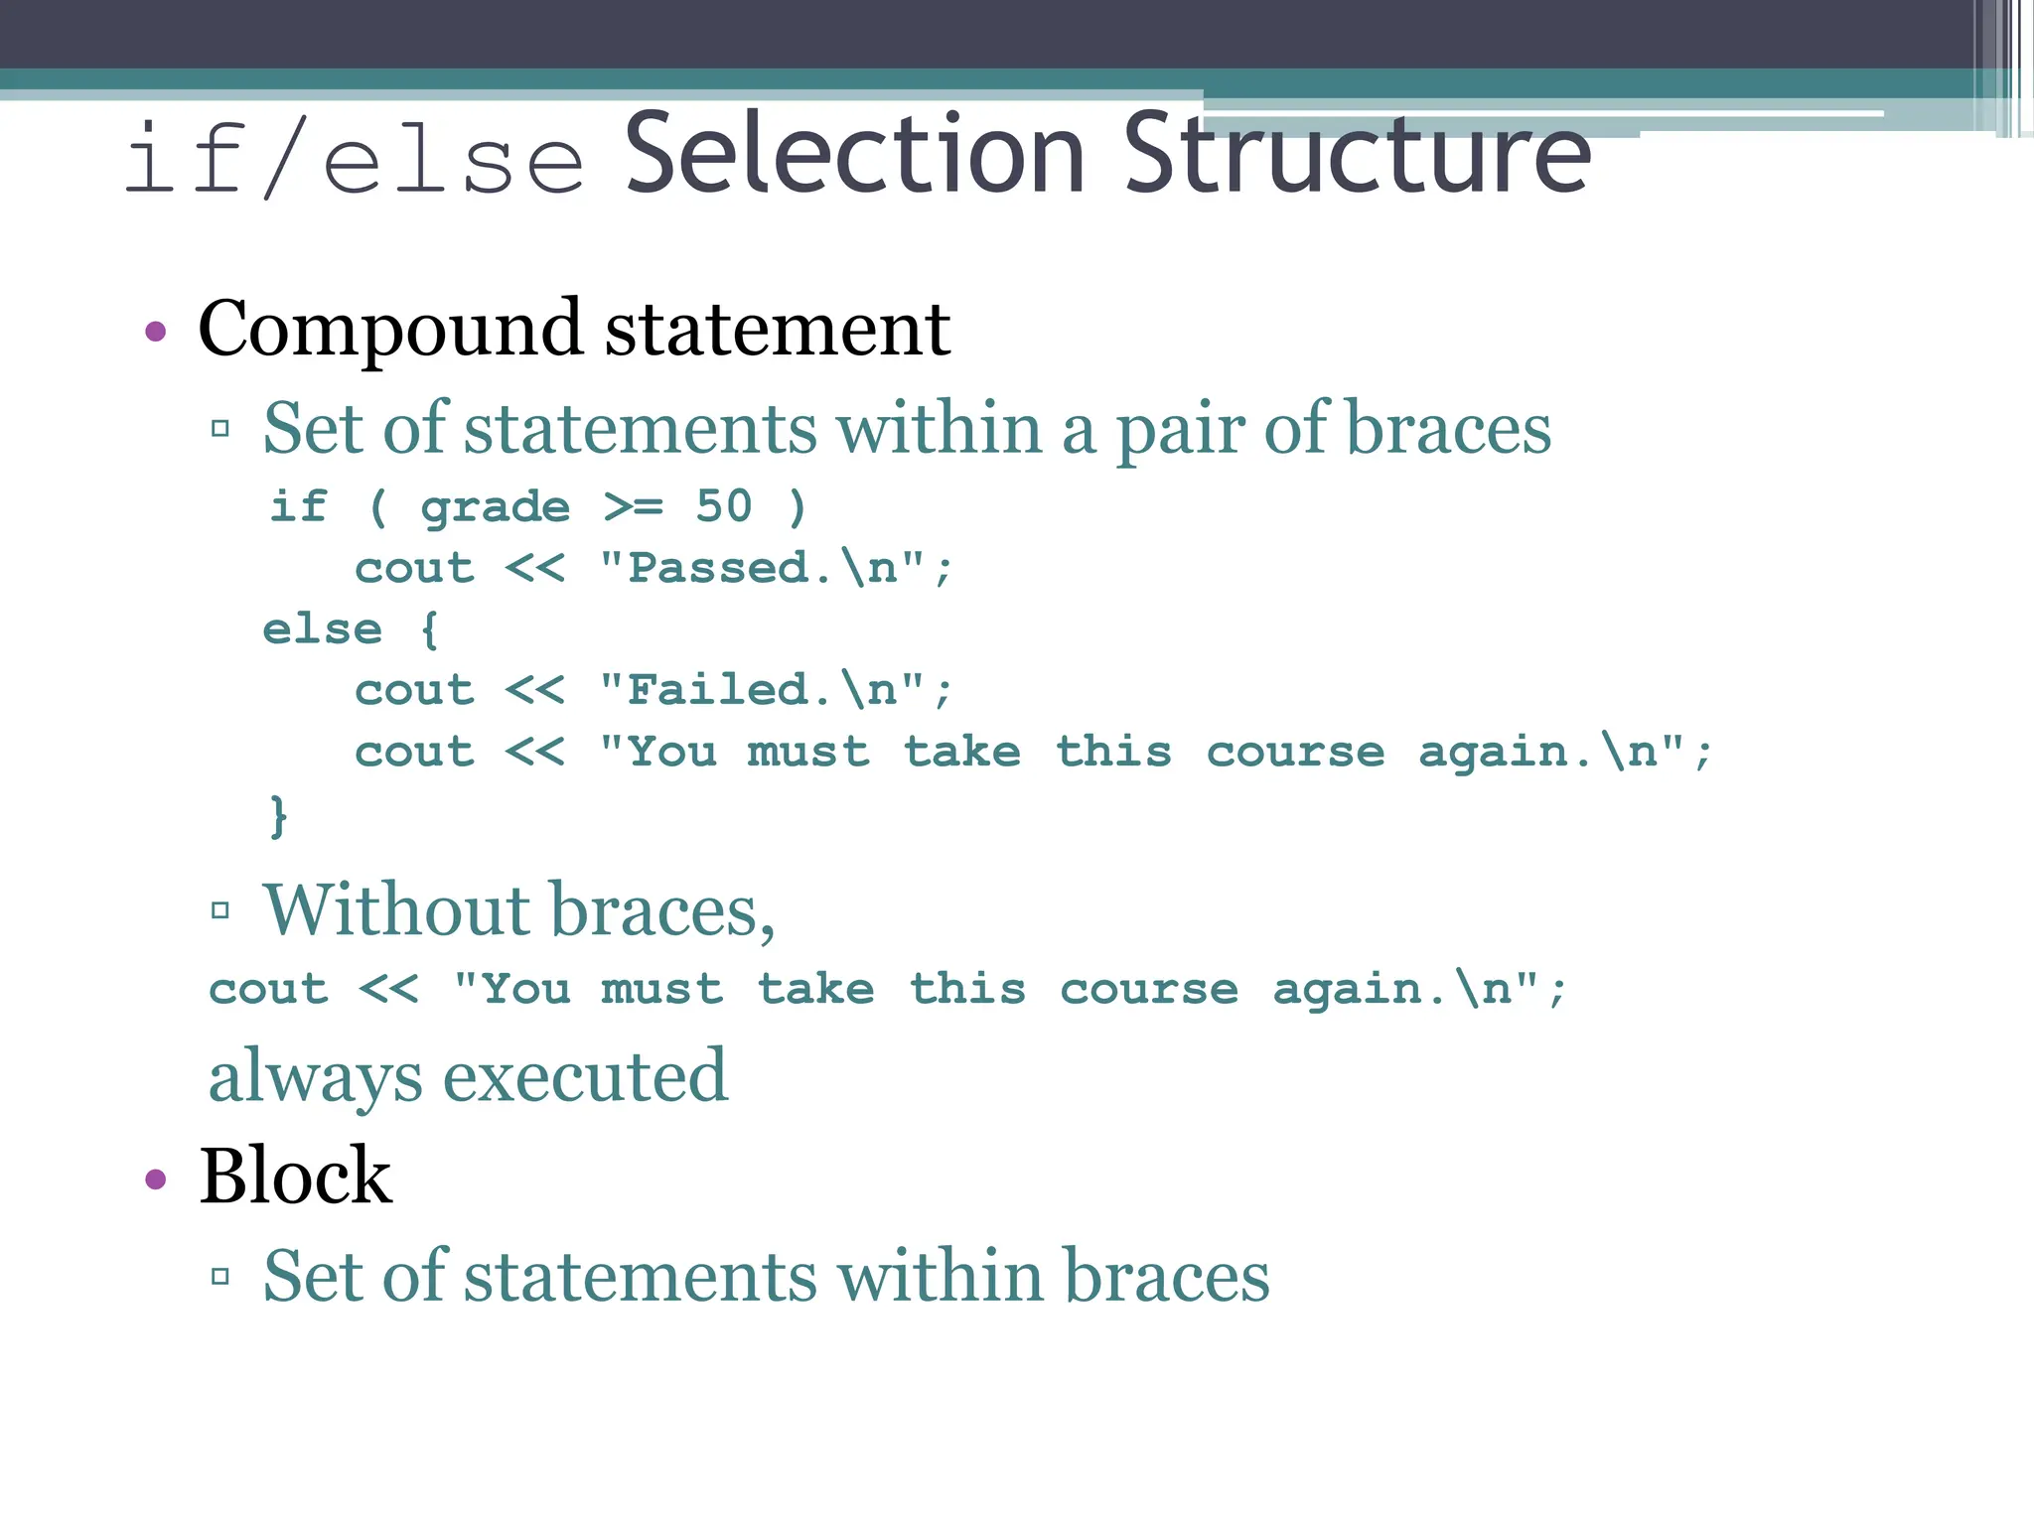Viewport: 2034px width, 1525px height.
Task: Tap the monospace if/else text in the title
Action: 355,159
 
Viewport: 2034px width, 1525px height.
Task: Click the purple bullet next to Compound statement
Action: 155,331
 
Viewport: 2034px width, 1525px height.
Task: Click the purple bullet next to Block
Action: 155,1179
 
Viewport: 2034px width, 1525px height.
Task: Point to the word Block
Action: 295,1177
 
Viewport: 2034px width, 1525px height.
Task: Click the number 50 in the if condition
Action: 724,506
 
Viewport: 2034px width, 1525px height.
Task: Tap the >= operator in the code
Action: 634,506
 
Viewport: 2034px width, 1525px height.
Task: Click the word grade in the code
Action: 495,508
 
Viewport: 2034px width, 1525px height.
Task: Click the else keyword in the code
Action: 323,629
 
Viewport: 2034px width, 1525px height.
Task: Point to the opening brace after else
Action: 429,629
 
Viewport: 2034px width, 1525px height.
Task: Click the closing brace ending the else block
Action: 279,815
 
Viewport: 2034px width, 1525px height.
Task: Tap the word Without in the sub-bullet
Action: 397,909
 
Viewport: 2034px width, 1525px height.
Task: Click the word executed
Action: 585,1076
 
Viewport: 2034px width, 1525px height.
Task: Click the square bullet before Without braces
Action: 220,910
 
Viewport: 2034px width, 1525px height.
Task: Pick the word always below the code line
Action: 315,1078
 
